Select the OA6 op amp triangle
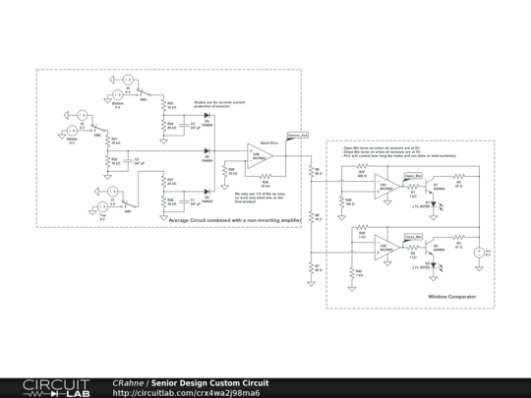pos(261,155)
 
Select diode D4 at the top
pos(206,122)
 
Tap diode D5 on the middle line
pos(206,151)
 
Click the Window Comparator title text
pos(451,296)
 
